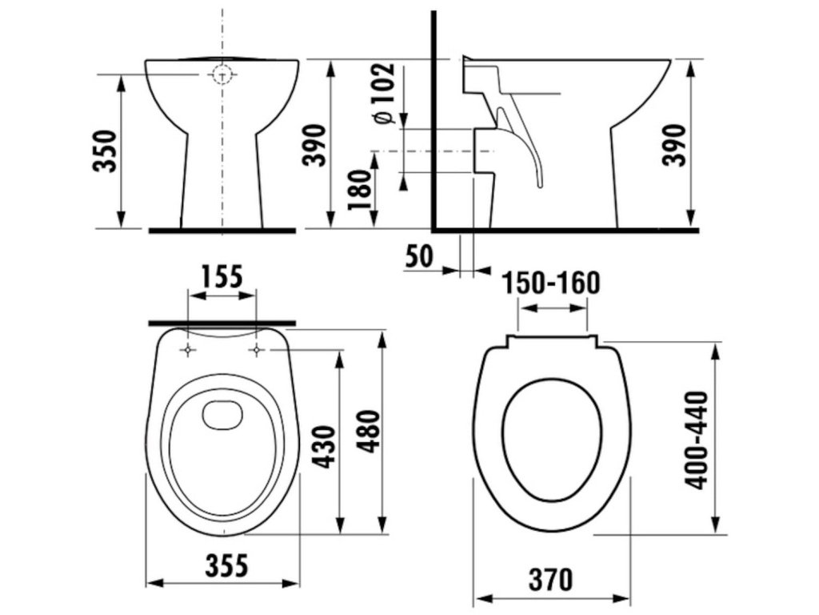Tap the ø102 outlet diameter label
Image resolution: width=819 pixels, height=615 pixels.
click(384, 94)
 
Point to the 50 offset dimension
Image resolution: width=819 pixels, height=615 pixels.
click(419, 256)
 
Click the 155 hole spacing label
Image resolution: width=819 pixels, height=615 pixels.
click(222, 276)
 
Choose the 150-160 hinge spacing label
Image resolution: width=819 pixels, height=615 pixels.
click(551, 283)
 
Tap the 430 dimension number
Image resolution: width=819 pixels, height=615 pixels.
click(325, 447)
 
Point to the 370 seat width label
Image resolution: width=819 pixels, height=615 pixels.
click(550, 580)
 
